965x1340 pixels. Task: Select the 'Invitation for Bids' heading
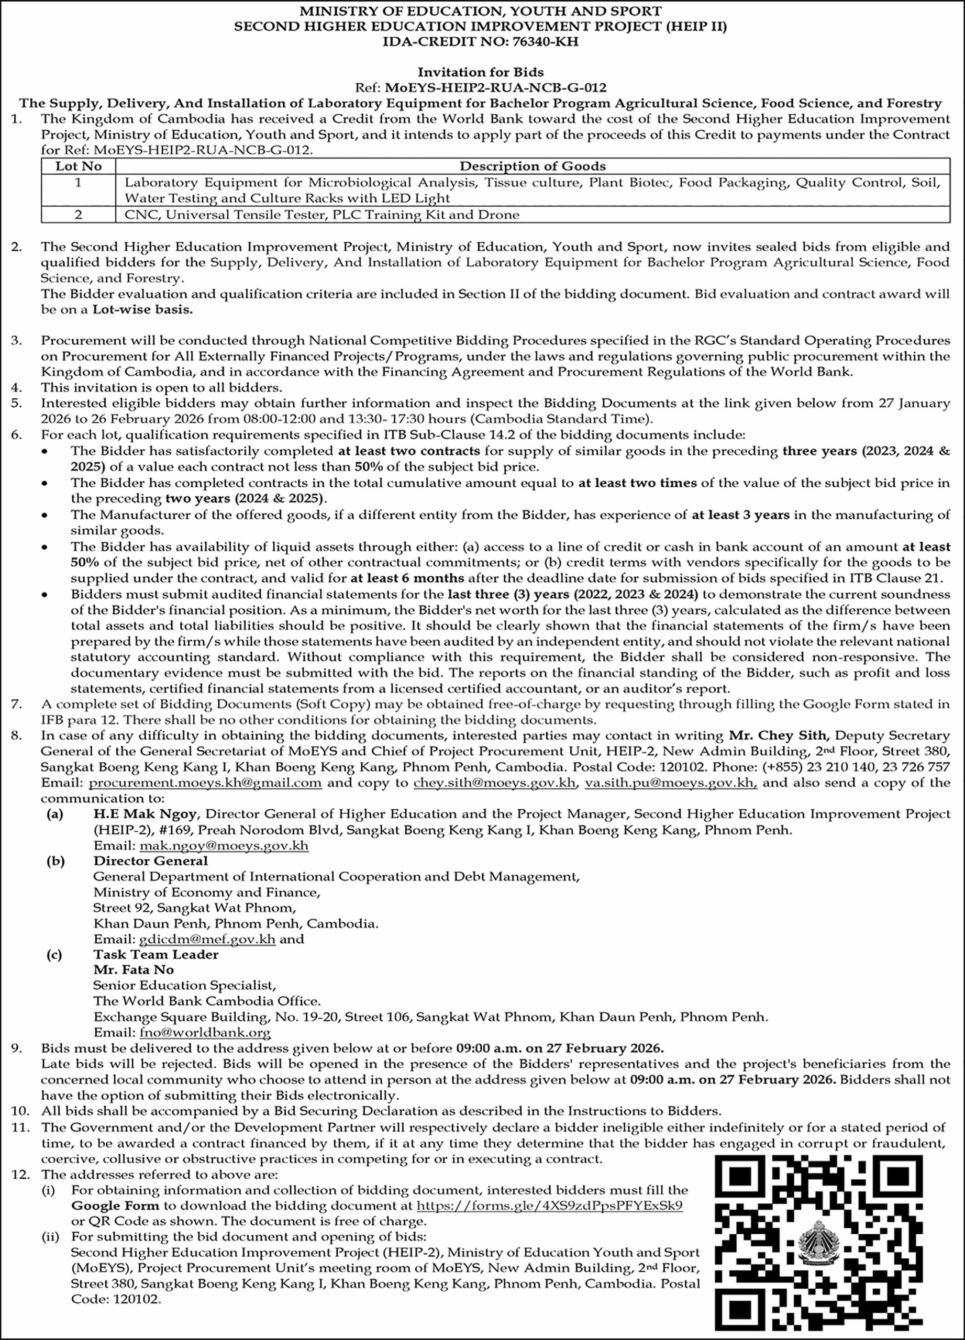481,72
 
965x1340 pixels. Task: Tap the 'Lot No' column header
79,166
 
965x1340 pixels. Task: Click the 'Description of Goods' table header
533,166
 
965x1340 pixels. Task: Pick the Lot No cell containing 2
79,215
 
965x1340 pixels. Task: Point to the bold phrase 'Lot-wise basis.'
142,309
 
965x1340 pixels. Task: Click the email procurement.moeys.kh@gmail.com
205,783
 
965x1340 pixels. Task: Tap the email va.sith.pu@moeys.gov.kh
671,783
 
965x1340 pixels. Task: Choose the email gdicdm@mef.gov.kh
207,939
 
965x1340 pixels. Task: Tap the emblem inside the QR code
818,1248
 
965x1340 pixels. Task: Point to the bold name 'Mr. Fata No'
134,969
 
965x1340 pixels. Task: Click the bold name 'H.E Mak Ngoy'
146,813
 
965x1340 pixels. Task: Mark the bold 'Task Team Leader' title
156,954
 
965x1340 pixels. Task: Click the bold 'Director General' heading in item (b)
151,861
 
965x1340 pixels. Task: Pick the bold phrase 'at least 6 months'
406,578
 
